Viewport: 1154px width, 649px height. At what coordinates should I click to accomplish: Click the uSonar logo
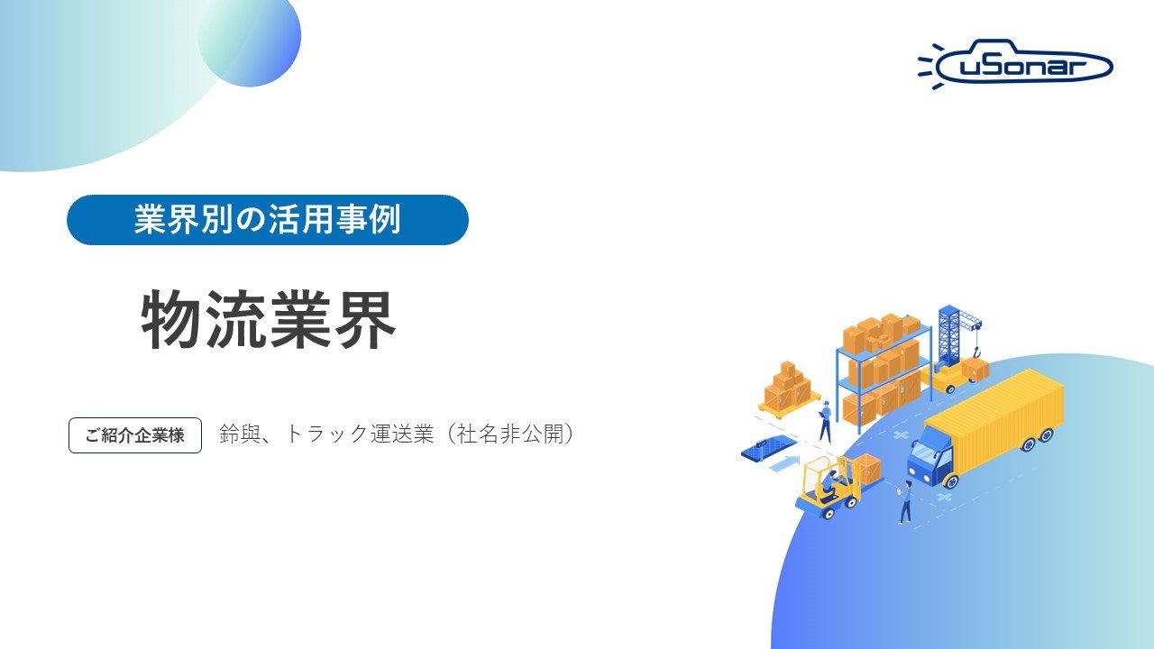point(1017,65)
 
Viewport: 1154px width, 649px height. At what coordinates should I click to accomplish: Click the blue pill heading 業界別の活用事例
point(268,220)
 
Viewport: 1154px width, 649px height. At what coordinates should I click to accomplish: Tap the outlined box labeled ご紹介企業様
point(135,435)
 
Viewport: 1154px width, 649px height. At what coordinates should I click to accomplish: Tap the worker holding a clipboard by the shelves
point(824,420)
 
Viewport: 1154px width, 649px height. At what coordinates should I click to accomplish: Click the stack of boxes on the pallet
point(788,386)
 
